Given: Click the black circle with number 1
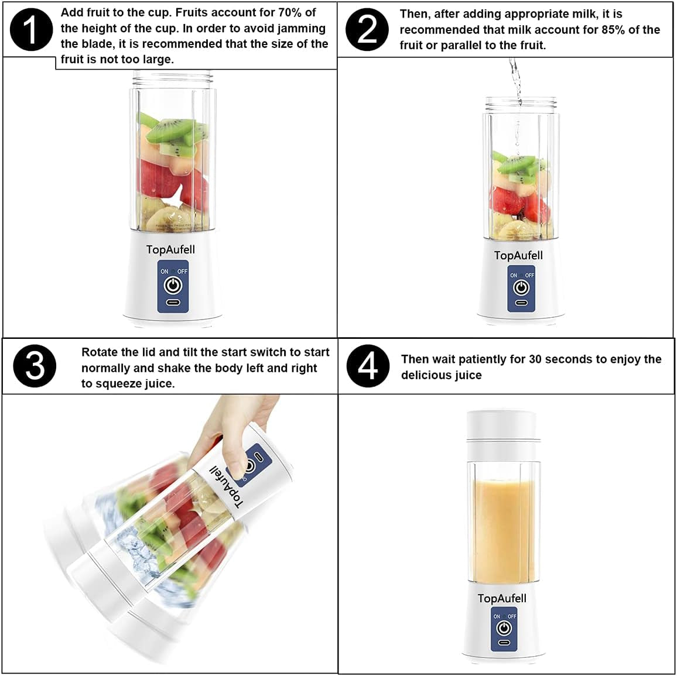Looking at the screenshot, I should click(x=32, y=29).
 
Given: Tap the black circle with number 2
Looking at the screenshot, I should click(x=367, y=29).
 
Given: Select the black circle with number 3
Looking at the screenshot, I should click(x=35, y=366).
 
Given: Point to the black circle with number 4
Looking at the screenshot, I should click(x=368, y=366).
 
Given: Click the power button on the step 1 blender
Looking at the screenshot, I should click(x=173, y=286).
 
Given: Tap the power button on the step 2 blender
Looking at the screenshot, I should click(x=521, y=287).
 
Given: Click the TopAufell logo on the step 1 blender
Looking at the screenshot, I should click(x=170, y=250).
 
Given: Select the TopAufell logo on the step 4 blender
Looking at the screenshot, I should click(x=502, y=598).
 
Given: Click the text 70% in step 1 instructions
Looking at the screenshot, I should click(x=290, y=13).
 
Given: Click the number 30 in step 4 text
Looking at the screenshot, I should click(x=536, y=359).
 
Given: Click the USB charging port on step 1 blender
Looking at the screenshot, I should click(x=173, y=303).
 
